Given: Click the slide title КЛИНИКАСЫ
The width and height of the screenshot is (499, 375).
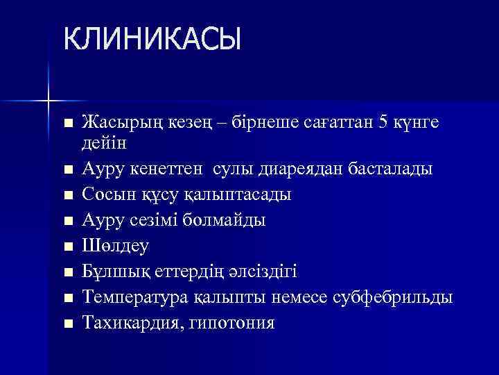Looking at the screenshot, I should [152, 39].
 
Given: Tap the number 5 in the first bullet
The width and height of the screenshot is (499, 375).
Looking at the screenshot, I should [384, 122].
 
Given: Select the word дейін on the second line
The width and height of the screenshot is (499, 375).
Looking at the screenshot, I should [102, 142].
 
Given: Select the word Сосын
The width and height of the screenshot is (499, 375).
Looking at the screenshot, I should [105, 194].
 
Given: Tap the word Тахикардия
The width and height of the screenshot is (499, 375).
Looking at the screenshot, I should [126, 323].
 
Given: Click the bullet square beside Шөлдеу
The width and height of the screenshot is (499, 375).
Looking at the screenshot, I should [67, 247].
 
